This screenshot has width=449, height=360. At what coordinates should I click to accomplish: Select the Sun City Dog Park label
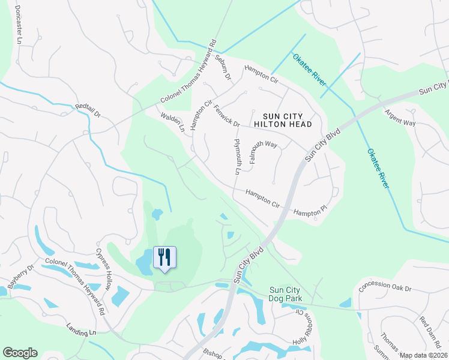coord(285,294)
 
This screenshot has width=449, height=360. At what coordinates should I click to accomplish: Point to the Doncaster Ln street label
coord(18,26)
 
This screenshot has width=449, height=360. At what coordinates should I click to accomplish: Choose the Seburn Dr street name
coord(223,68)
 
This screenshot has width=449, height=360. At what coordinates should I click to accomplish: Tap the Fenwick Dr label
coord(227,115)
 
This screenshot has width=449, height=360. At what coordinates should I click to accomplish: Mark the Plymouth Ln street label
coord(238,155)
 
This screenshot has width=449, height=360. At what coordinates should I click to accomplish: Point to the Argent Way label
coord(400,118)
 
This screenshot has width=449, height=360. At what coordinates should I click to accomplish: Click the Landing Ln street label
coord(82,331)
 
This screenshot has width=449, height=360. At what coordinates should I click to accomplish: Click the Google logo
coord(20,353)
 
